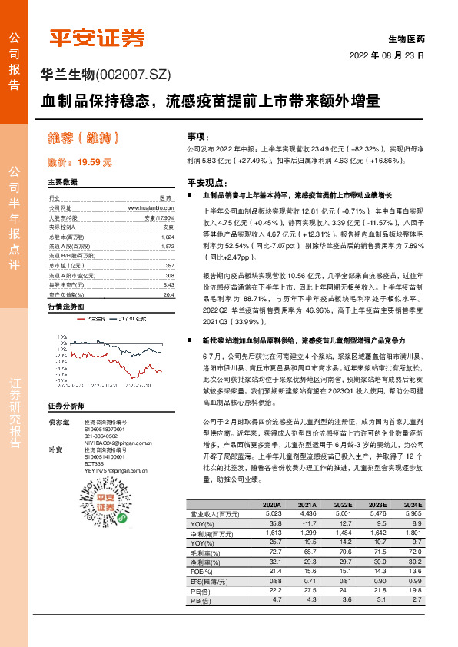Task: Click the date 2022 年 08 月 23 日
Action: tap(387, 55)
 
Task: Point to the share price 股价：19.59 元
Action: tap(80, 163)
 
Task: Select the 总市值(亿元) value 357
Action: tap(170, 265)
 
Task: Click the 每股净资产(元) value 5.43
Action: tap(168, 284)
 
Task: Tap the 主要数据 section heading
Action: tap(62, 182)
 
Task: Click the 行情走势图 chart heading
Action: tap(65, 307)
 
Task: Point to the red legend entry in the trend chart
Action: tap(94, 317)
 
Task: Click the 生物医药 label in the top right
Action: tap(407, 38)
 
